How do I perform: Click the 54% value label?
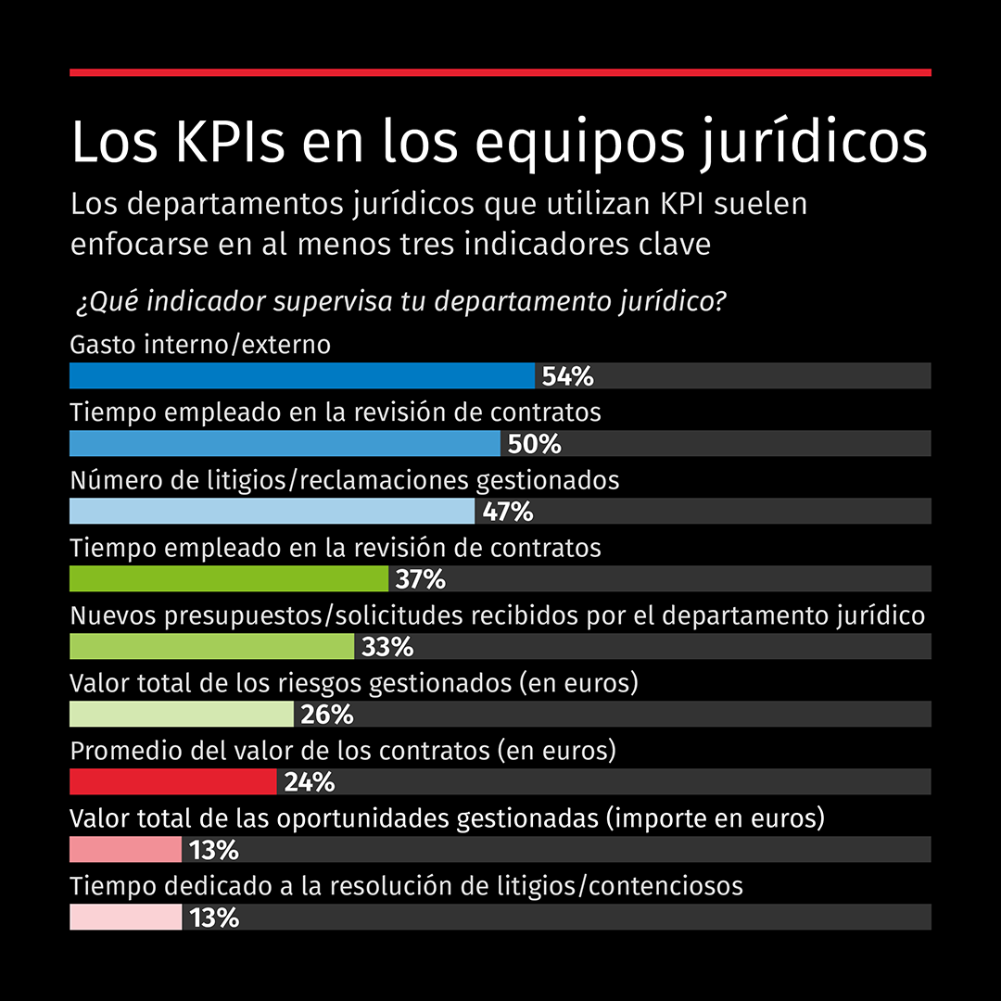tap(567, 376)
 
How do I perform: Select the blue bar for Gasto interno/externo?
tap(302, 376)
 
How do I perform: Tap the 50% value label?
tap(535, 444)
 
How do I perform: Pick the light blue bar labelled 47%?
tap(272, 512)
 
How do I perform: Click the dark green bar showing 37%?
tap(229, 579)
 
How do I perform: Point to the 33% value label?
tap(387, 647)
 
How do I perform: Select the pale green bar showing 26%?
tap(182, 715)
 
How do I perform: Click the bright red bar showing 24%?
tap(173, 782)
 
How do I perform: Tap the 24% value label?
tap(310, 782)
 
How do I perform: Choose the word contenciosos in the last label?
tap(665, 886)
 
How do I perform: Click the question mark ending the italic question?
tap(720, 302)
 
